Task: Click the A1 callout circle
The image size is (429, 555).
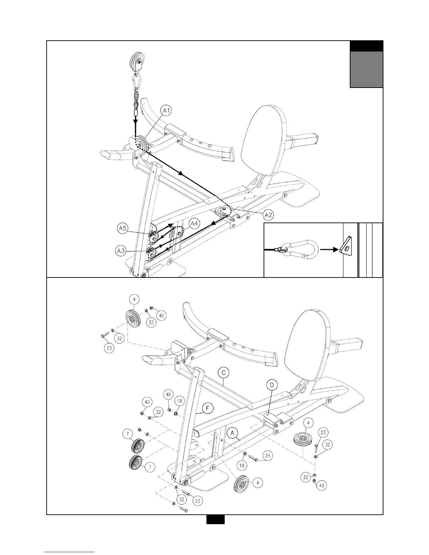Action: pos(166,111)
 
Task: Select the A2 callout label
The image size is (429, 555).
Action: pos(268,215)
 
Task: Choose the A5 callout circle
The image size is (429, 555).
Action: pos(122,229)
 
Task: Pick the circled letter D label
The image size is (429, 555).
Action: pos(272,385)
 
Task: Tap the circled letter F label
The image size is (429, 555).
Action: pos(209,407)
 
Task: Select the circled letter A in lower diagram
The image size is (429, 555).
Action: pos(232,433)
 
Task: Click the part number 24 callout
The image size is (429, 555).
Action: pos(268,456)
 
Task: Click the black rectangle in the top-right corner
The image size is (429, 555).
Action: pos(366,46)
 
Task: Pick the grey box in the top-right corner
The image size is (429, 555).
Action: pos(366,69)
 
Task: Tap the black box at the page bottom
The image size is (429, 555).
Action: pos(215,519)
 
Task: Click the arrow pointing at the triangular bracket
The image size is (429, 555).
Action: pos(329,250)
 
